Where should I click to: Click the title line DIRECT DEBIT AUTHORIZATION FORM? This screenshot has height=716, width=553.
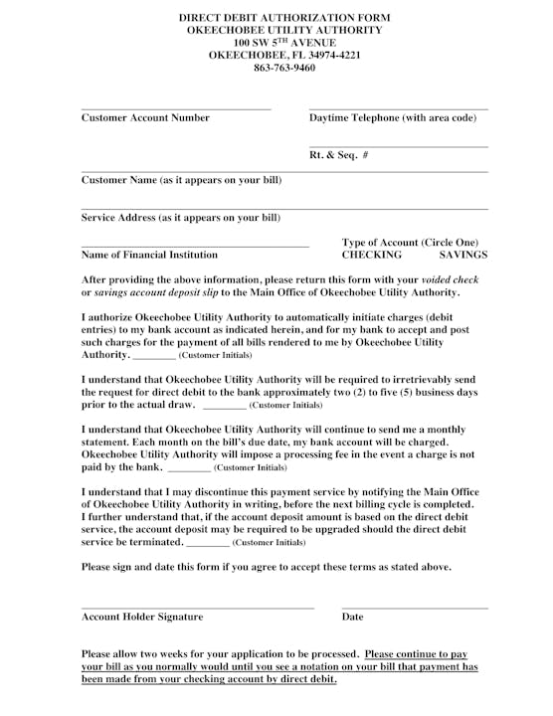283,18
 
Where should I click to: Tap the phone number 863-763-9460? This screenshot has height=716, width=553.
283,68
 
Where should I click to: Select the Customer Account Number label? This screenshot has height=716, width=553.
145,118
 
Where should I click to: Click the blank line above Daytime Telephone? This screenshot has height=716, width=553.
398,108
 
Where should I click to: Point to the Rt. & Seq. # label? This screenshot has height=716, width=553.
339,155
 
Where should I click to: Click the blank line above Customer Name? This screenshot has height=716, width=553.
283,172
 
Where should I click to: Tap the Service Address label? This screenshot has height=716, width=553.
180,218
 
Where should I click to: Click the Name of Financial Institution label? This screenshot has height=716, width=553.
149,256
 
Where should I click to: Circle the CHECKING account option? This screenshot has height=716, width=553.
371,256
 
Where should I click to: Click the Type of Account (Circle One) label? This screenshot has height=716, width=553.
409,243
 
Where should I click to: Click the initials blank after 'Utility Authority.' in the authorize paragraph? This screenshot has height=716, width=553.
154,356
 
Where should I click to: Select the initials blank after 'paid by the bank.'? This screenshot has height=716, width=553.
189,468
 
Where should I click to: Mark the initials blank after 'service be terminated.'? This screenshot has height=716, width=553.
208,544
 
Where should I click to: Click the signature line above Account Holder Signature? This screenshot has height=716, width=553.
197,607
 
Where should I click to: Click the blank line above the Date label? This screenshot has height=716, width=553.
414,607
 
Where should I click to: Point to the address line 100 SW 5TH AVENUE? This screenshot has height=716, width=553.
283,43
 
